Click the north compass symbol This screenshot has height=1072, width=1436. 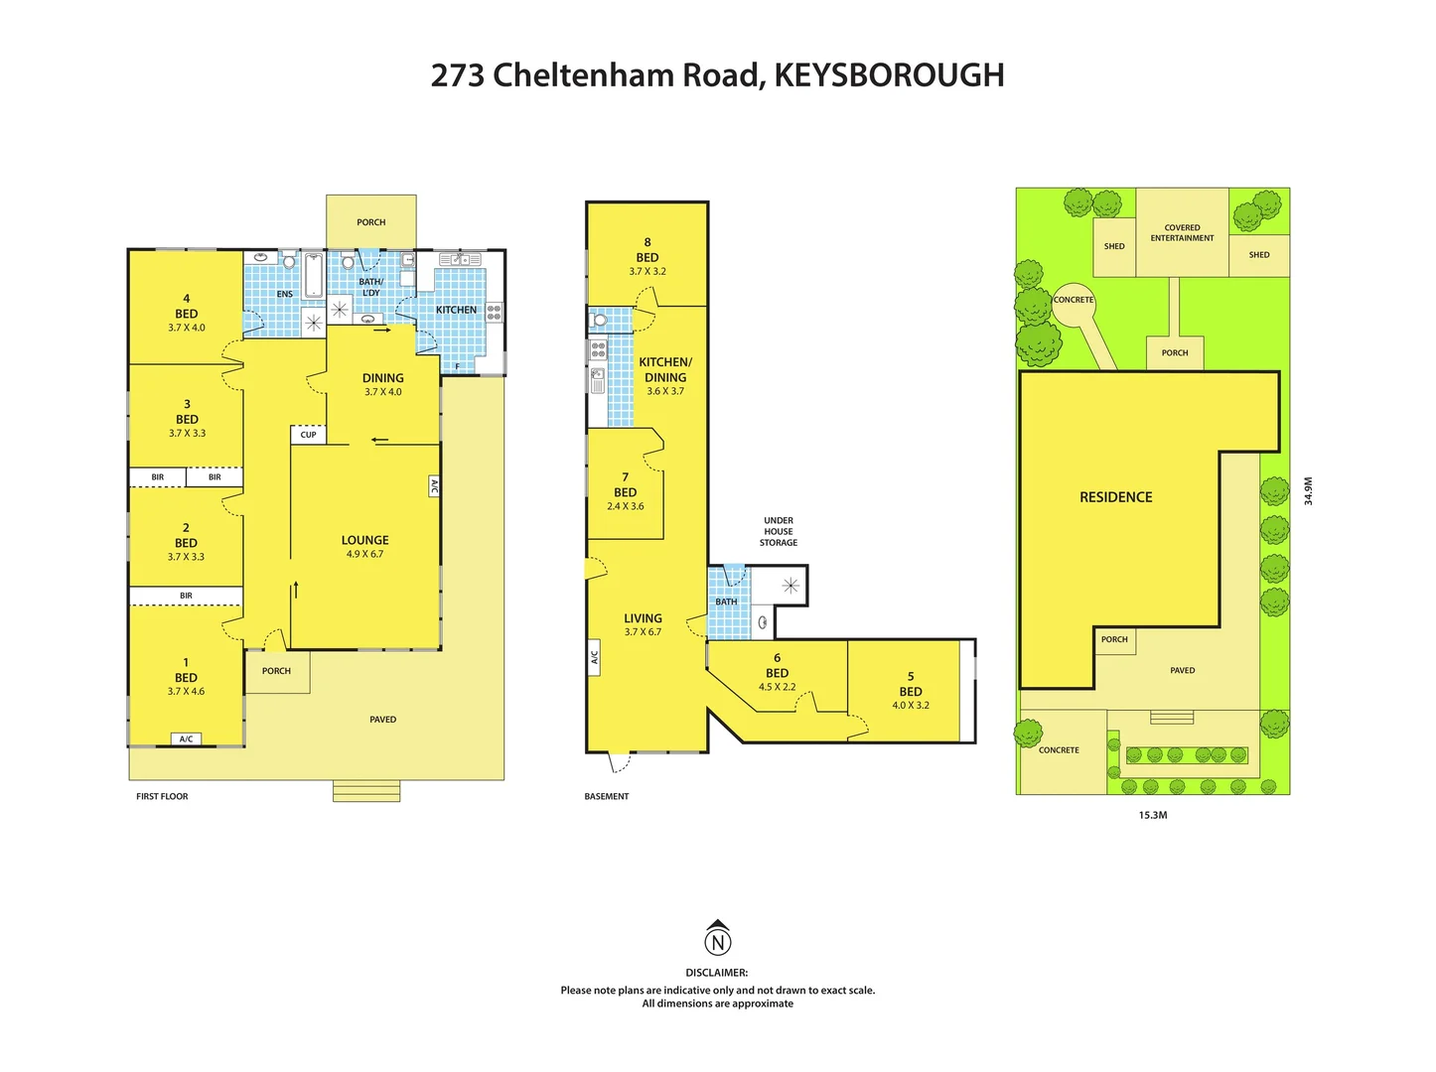(717, 940)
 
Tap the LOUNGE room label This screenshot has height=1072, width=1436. (364, 540)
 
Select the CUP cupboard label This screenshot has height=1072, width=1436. (309, 435)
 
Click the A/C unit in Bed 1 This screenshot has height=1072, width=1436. (186, 738)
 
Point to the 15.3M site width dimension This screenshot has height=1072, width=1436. (1152, 815)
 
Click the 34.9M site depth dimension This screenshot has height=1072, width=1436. (1308, 491)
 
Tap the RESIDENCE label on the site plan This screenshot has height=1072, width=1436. (1115, 497)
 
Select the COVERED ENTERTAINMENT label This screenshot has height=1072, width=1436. (1182, 233)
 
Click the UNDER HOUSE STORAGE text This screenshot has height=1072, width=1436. (779, 531)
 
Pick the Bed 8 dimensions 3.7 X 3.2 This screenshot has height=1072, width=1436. (647, 271)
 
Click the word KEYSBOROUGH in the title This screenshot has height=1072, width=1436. (889, 75)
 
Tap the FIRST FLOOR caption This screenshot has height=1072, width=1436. (162, 796)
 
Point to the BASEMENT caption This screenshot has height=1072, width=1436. (607, 796)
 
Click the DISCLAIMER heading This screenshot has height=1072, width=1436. (716, 973)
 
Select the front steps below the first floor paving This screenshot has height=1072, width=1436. (366, 791)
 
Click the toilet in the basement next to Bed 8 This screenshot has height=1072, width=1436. (600, 320)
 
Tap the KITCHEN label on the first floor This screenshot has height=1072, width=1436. (456, 310)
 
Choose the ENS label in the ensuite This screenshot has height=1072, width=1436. (285, 294)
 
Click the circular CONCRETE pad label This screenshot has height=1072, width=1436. (1074, 300)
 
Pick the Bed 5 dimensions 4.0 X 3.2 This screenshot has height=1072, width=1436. (911, 705)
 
